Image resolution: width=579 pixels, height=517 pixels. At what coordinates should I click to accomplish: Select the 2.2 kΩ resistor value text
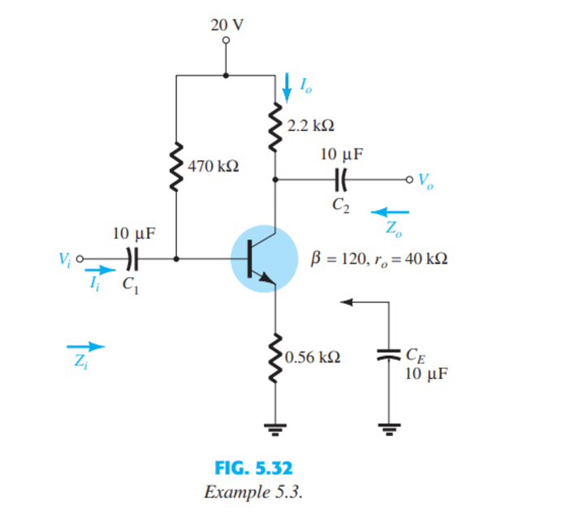(x=312, y=126)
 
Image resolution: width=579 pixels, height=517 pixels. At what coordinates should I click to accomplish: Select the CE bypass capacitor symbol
(x=389, y=354)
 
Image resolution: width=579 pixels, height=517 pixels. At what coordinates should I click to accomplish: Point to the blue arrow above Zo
(x=391, y=212)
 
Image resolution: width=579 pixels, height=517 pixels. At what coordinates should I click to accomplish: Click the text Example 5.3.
(x=253, y=492)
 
